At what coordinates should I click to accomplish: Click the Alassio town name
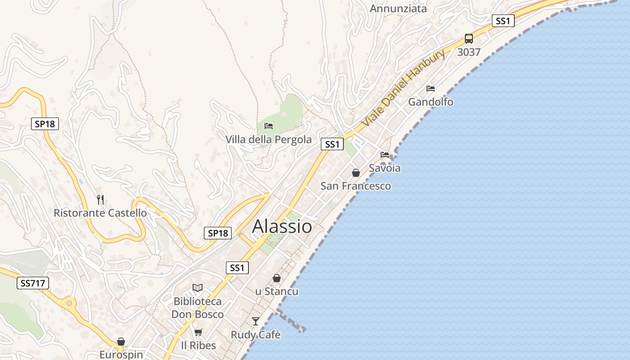(x=282, y=226)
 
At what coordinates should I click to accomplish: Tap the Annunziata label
(x=398, y=9)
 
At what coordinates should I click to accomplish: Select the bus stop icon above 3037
(x=469, y=39)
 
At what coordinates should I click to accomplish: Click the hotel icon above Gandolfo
(x=431, y=89)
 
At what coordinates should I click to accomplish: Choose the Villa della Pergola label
(x=269, y=139)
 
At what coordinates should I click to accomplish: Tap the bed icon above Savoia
(x=385, y=155)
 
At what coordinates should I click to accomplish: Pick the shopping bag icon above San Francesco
(x=356, y=173)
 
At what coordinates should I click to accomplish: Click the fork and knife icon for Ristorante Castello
(x=100, y=199)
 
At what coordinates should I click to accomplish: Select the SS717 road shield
(x=33, y=283)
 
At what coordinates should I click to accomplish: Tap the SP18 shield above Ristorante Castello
(x=45, y=124)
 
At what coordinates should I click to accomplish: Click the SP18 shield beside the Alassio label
(x=218, y=233)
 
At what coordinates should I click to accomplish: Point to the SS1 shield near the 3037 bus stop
(x=503, y=21)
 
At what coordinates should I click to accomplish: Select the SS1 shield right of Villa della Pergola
(x=332, y=144)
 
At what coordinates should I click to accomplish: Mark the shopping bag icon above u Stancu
(x=277, y=279)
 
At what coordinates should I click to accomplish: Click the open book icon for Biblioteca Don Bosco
(x=198, y=288)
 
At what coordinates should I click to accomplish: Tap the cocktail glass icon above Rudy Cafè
(x=256, y=321)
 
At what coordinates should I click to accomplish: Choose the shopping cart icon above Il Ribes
(x=198, y=332)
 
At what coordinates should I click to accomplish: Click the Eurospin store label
(x=121, y=355)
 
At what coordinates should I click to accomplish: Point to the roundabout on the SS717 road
(x=69, y=303)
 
